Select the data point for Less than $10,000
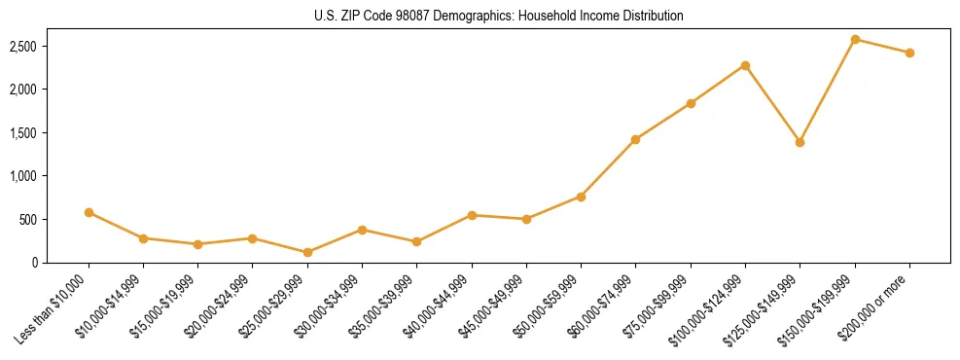tap(89, 212)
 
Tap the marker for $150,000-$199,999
tap(855, 39)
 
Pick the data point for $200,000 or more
tap(909, 53)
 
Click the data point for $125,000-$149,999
tap(800, 142)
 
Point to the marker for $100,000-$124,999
tap(745, 65)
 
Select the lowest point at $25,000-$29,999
tap(307, 252)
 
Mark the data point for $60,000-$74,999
tap(635, 139)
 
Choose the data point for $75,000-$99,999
tap(691, 103)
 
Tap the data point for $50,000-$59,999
tap(581, 197)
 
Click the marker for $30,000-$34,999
tap(362, 230)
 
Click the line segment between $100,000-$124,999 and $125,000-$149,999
tap(772, 104)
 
